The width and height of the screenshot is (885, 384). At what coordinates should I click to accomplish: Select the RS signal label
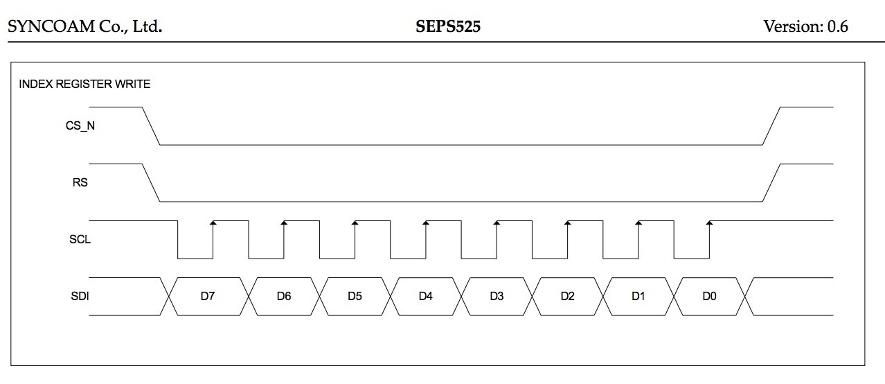(x=80, y=184)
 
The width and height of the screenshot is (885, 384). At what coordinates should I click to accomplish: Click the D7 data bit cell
(x=208, y=297)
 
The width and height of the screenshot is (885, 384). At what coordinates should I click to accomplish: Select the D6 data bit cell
(x=283, y=297)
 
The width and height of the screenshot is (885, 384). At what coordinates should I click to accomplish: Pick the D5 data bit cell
(x=355, y=297)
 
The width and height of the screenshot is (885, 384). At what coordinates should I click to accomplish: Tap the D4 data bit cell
(x=426, y=297)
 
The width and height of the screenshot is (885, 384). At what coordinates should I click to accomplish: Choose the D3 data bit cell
(x=497, y=297)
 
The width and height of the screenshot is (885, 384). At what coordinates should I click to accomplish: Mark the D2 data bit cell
(x=568, y=297)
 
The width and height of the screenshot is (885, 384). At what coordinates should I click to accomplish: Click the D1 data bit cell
(x=638, y=297)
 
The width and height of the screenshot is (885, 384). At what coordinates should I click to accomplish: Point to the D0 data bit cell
(x=709, y=297)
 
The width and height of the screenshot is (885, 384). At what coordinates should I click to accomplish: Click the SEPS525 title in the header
(x=447, y=27)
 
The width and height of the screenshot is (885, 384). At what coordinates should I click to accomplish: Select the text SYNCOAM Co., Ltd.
(x=85, y=27)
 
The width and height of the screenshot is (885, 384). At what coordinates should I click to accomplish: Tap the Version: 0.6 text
(x=805, y=27)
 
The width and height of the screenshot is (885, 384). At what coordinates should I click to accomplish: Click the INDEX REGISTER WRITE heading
(x=84, y=85)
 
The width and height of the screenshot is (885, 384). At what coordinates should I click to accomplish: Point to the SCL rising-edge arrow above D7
(x=213, y=223)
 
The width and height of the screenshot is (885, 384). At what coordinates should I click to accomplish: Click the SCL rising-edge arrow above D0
(x=709, y=223)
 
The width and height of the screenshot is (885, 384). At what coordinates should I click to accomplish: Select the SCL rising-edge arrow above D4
(x=425, y=223)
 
